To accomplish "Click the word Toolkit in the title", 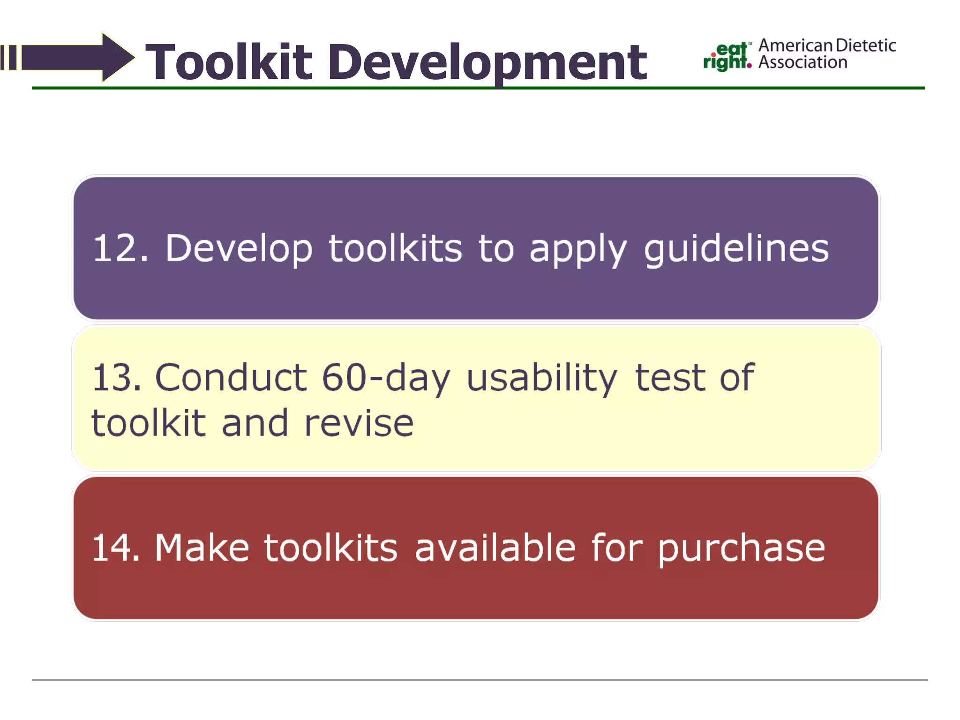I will pos(229,62).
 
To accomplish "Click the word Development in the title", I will pos(487,62).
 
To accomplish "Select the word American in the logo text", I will pos(796,45).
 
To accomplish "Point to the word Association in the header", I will pos(802,62).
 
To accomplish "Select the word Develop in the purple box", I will pos(239,249).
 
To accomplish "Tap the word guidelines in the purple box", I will pos(736,249).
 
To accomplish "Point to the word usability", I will pos(542,378).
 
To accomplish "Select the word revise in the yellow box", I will pos(359,423).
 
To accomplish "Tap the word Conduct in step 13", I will pos(231,377).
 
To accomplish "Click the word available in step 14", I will pos(495,547).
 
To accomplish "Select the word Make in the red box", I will pos(202,547).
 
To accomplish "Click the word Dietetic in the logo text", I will pos(866,45).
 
